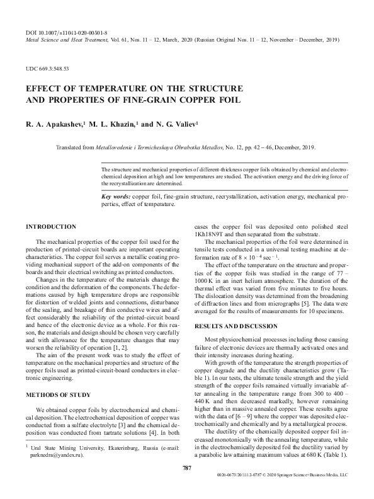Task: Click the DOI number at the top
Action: (x=71, y=31)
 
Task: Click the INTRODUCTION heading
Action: (x=50, y=226)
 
